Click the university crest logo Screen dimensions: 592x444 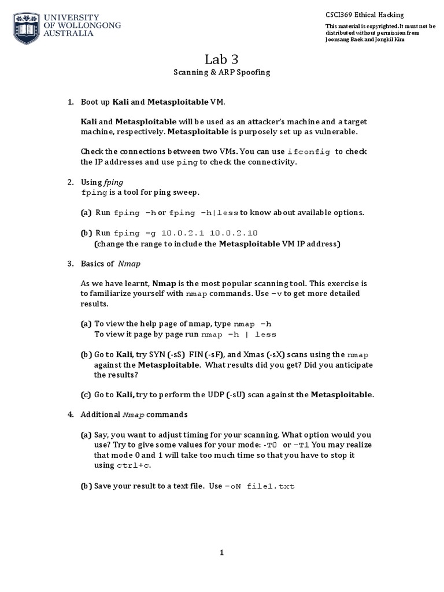(x=24, y=25)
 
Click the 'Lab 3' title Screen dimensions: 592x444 (x=221, y=59)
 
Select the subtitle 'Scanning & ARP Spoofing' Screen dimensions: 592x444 (x=221, y=73)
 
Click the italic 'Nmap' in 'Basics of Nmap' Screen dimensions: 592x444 (x=129, y=264)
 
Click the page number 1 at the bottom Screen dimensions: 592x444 (x=221, y=553)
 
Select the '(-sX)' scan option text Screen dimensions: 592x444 (x=283, y=354)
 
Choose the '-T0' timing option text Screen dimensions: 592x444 (x=271, y=445)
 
